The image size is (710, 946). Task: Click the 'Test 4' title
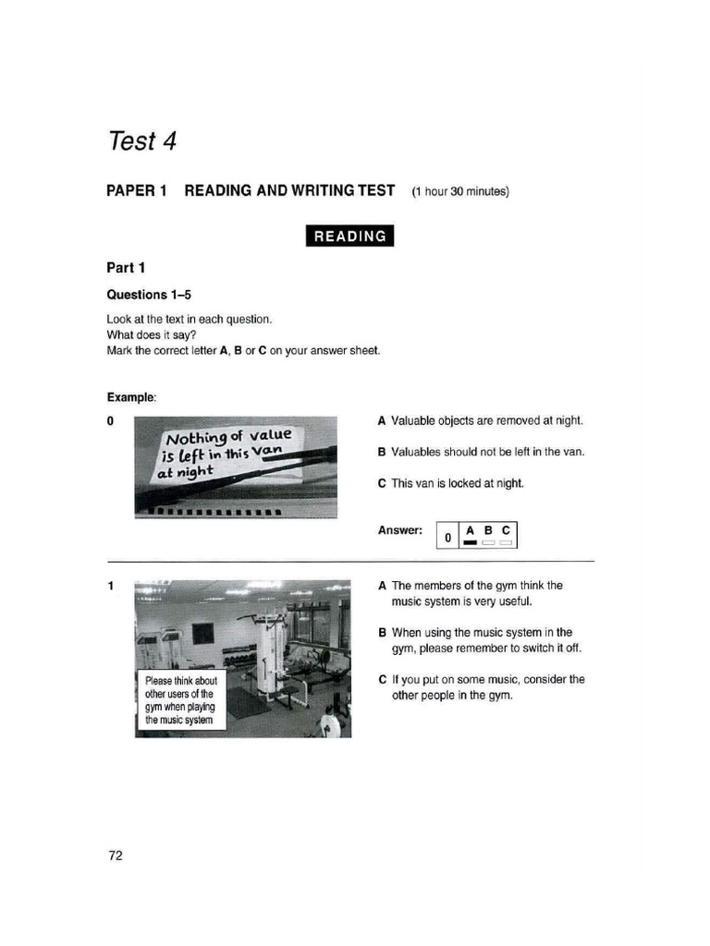click(141, 141)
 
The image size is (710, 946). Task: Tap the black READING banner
click(350, 236)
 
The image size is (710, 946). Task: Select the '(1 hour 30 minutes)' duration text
click(460, 192)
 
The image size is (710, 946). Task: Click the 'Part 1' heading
click(126, 268)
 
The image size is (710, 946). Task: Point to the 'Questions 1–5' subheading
click(149, 295)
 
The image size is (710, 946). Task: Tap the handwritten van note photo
click(236, 467)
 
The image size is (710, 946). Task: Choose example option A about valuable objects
click(480, 420)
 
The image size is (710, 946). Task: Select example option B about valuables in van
click(481, 452)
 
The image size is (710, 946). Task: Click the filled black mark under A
click(470, 543)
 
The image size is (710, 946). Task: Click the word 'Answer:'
click(399, 530)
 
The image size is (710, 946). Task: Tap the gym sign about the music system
click(181, 700)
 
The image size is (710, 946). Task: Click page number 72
click(116, 855)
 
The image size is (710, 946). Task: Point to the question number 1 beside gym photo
click(110, 586)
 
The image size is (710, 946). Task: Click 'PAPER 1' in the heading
click(137, 191)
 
